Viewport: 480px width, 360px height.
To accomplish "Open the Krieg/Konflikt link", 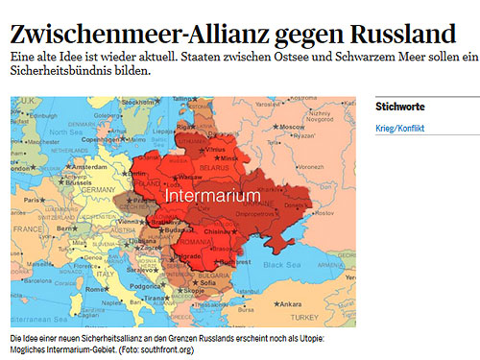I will tap(400, 129).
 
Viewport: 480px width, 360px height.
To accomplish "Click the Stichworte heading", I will tap(400, 107).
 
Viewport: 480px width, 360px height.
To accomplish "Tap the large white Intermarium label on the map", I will tap(212, 195).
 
